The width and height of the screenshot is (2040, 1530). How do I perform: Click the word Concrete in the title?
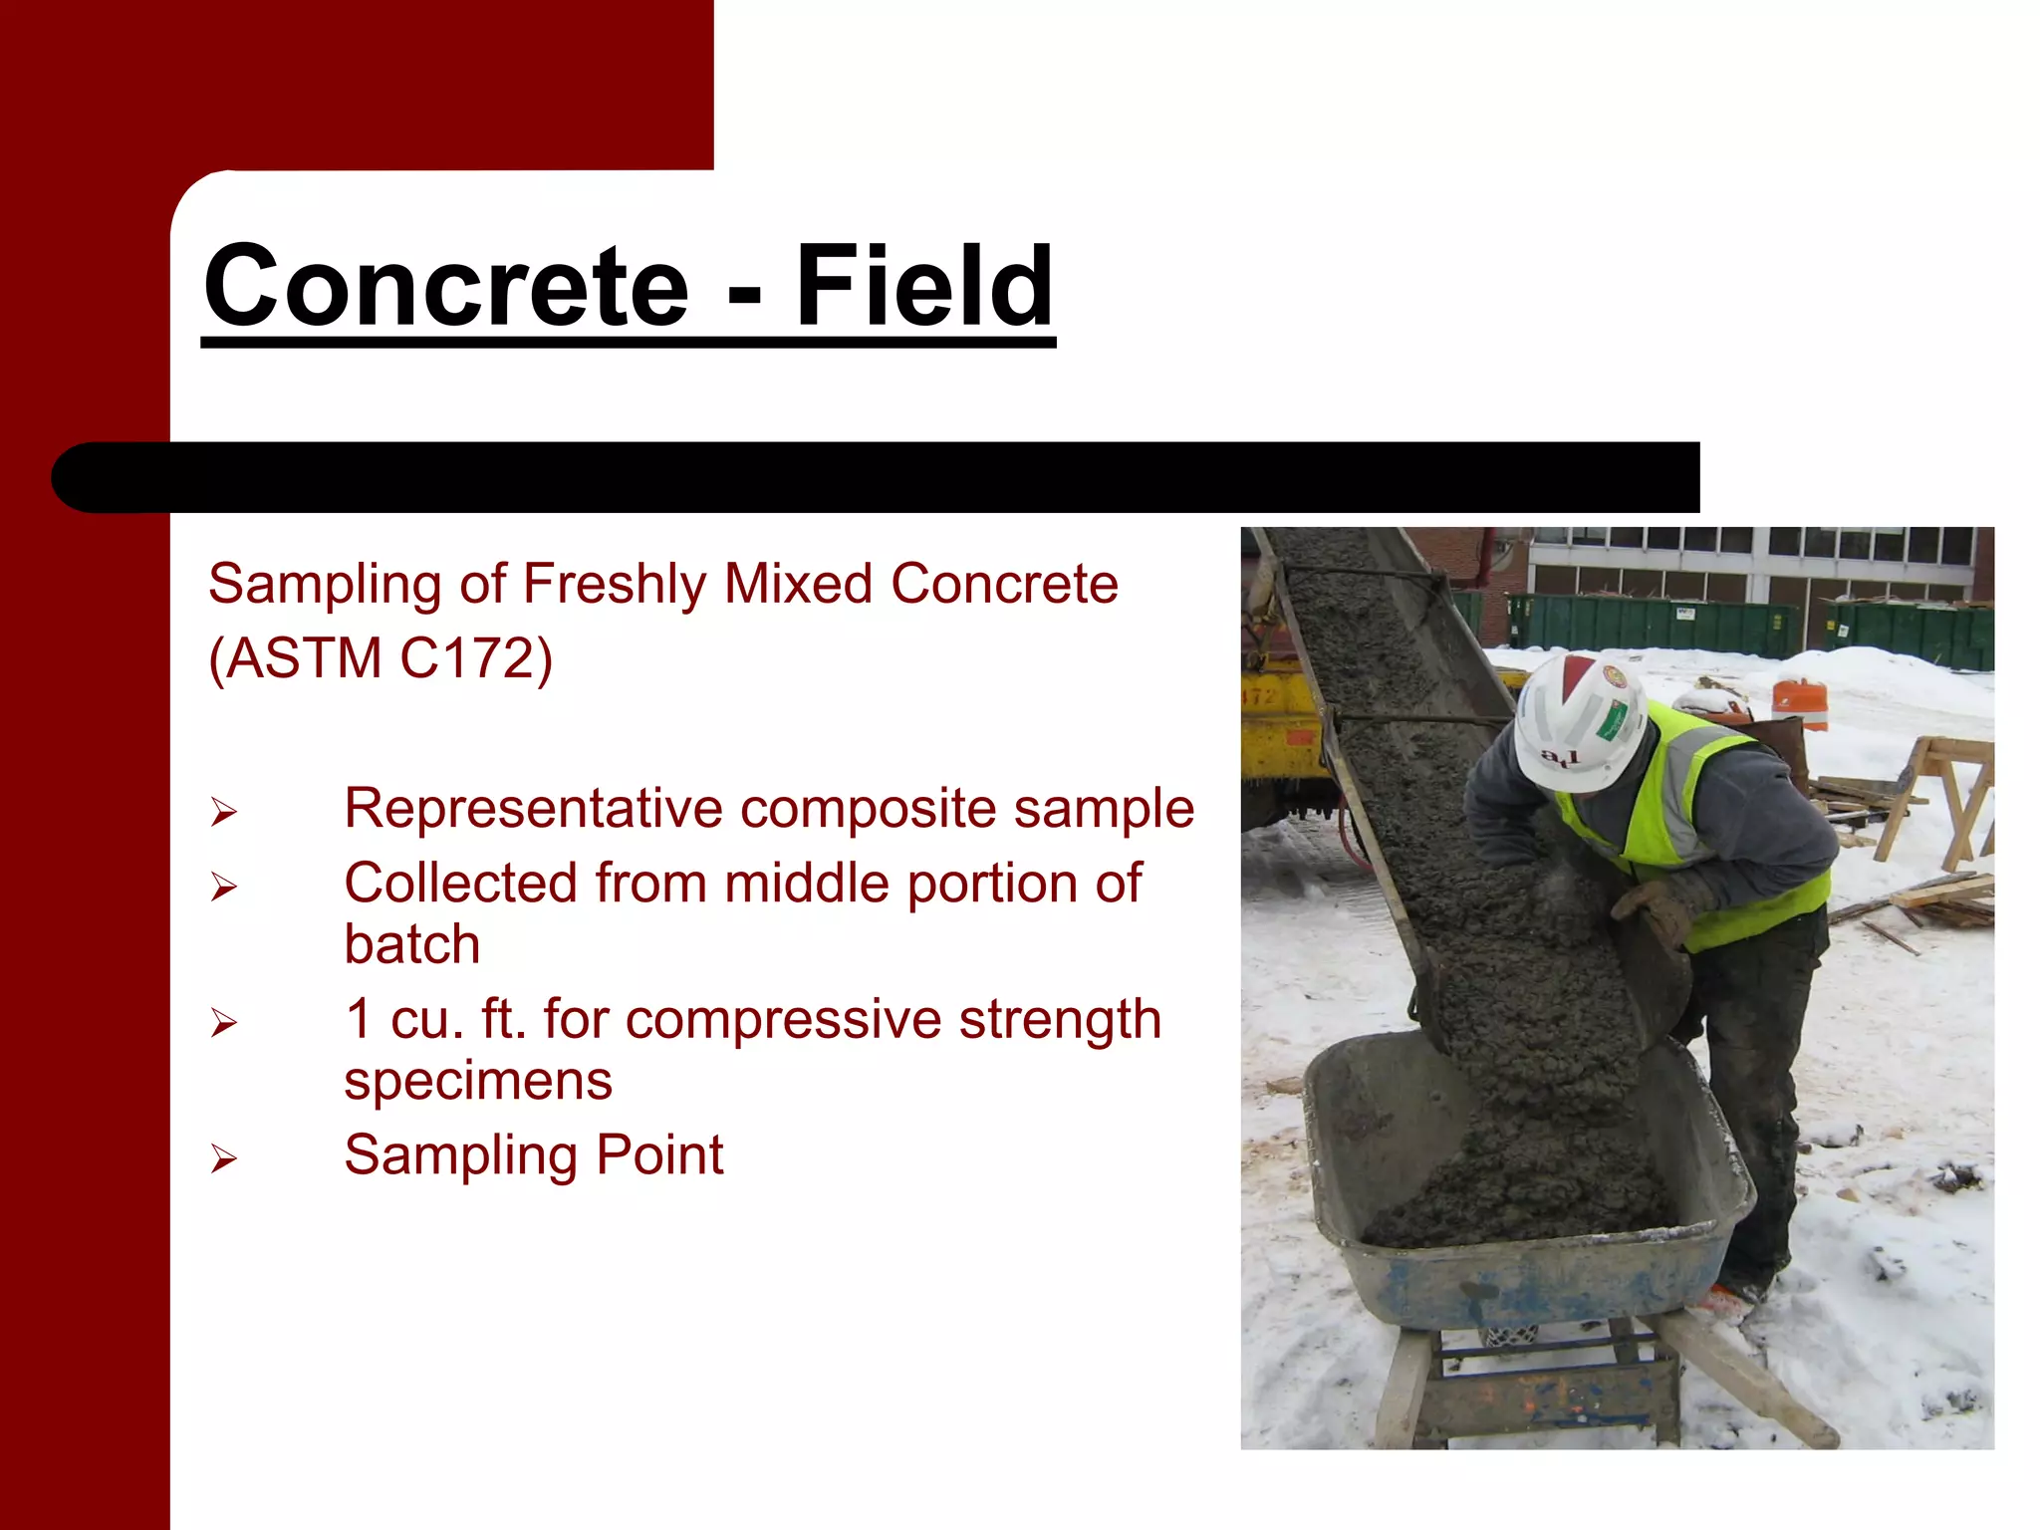point(446,287)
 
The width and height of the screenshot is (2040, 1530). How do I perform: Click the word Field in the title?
point(923,287)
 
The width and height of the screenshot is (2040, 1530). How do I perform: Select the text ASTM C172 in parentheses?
point(380,658)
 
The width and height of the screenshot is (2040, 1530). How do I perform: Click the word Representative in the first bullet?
point(532,808)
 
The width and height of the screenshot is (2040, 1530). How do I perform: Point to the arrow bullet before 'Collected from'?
point(224,886)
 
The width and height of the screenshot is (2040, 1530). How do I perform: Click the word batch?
point(411,944)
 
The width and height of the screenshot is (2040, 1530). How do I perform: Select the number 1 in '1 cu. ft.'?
point(359,1020)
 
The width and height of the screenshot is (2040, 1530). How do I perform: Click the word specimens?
point(477,1081)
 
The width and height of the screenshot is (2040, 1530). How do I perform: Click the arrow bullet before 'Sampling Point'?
point(224,1158)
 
